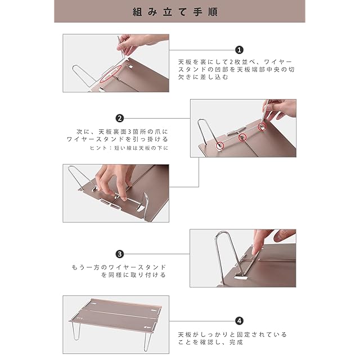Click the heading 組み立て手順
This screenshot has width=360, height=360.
point(175,12)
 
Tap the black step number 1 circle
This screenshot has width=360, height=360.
point(239,50)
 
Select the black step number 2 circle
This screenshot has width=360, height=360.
point(120,118)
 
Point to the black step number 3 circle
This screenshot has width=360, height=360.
point(120,254)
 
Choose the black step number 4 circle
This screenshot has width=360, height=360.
point(239,321)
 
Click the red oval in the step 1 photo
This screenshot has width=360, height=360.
point(110,74)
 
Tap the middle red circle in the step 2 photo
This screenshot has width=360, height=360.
point(242,137)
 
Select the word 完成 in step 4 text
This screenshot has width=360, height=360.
point(236,342)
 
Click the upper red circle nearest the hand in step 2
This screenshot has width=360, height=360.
point(262,126)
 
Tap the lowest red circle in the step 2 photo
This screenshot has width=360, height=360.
point(220,145)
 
